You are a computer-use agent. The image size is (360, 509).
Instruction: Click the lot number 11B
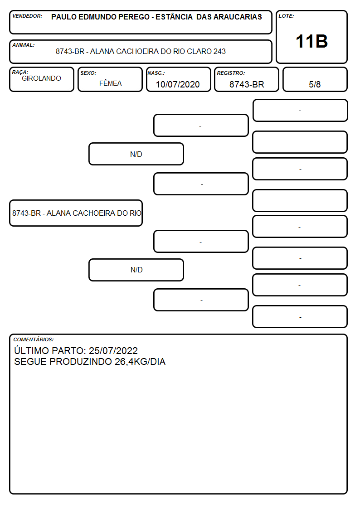(311, 42)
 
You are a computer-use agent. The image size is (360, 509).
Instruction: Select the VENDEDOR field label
(27, 16)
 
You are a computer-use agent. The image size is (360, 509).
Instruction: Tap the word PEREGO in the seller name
(134, 17)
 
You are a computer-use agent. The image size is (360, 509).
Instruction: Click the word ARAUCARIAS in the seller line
(240, 17)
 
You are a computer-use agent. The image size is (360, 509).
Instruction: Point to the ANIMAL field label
(24, 45)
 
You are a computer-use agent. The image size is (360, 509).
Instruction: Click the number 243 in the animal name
(219, 51)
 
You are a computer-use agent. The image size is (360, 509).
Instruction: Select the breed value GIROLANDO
(41, 78)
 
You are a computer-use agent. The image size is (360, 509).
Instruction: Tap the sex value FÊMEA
(110, 83)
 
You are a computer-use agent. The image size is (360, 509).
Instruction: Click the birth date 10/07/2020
(178, 84)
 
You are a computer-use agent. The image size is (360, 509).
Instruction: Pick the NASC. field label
(156, 73)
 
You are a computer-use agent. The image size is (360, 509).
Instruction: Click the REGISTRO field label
(231, 73)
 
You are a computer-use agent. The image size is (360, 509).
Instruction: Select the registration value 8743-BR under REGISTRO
(247, 84)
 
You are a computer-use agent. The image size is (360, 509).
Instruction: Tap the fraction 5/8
(315, 84)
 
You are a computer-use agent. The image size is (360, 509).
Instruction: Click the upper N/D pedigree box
(136, 154)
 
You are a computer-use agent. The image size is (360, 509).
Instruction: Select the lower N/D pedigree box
(136, 270)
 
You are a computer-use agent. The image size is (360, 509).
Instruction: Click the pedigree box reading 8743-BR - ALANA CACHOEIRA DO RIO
(76, 213)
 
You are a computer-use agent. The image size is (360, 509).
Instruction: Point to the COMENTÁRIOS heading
(34, 339)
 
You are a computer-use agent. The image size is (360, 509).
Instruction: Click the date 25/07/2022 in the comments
(113, 350)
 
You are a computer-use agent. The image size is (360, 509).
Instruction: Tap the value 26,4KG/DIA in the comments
(140, 362)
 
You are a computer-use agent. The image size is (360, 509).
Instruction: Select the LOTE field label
(286, 16)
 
